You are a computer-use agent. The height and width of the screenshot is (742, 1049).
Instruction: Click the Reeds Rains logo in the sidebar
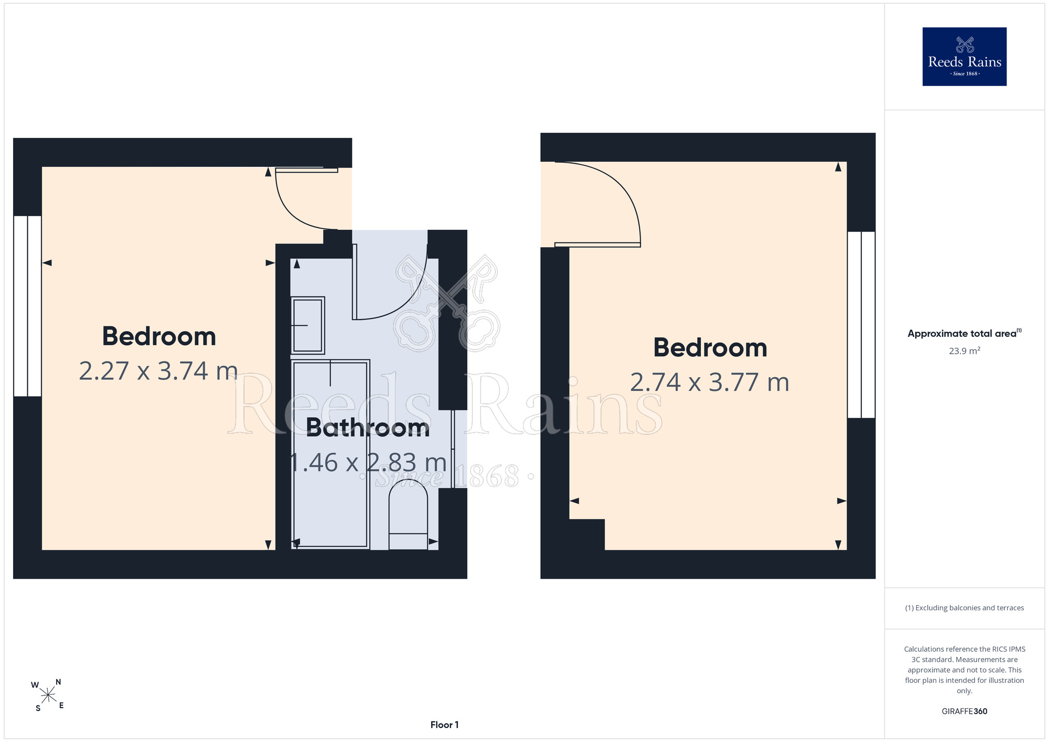pos(964,57)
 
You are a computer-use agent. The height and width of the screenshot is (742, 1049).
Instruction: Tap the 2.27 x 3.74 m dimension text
pos(158,371)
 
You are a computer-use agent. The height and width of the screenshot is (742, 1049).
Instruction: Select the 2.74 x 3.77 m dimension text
pos(710,383)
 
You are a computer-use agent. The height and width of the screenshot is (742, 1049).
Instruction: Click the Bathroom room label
pos(368,428)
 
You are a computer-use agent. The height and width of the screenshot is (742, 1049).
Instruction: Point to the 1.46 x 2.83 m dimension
pos(368,463)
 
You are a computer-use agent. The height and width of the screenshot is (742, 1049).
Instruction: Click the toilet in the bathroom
pos(408,514)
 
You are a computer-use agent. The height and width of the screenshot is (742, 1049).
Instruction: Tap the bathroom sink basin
pos(308,325)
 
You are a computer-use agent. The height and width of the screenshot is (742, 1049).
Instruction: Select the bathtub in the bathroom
pos(330,454)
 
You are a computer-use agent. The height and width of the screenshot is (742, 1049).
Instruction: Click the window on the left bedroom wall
pos(27,306)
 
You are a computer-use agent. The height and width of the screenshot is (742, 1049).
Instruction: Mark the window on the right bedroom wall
pos(861,325)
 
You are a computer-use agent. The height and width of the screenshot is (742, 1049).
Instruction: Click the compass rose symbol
pos(48,696)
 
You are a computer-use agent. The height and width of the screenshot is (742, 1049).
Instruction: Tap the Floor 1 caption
pos(444,725)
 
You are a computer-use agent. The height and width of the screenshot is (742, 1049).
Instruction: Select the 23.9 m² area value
pos(964,351)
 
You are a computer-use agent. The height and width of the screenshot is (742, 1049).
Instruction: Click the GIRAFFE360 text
pos(964,712)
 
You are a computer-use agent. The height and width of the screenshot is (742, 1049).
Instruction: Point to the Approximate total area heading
pos(964,333)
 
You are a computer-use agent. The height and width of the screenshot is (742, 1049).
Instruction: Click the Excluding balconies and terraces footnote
pos(964,608)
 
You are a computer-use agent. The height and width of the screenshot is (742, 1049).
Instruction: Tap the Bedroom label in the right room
pos(710,347)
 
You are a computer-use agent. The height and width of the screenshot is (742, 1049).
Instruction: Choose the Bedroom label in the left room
pos(158,336)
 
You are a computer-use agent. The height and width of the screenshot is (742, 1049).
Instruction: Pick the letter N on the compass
pos(58,682)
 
